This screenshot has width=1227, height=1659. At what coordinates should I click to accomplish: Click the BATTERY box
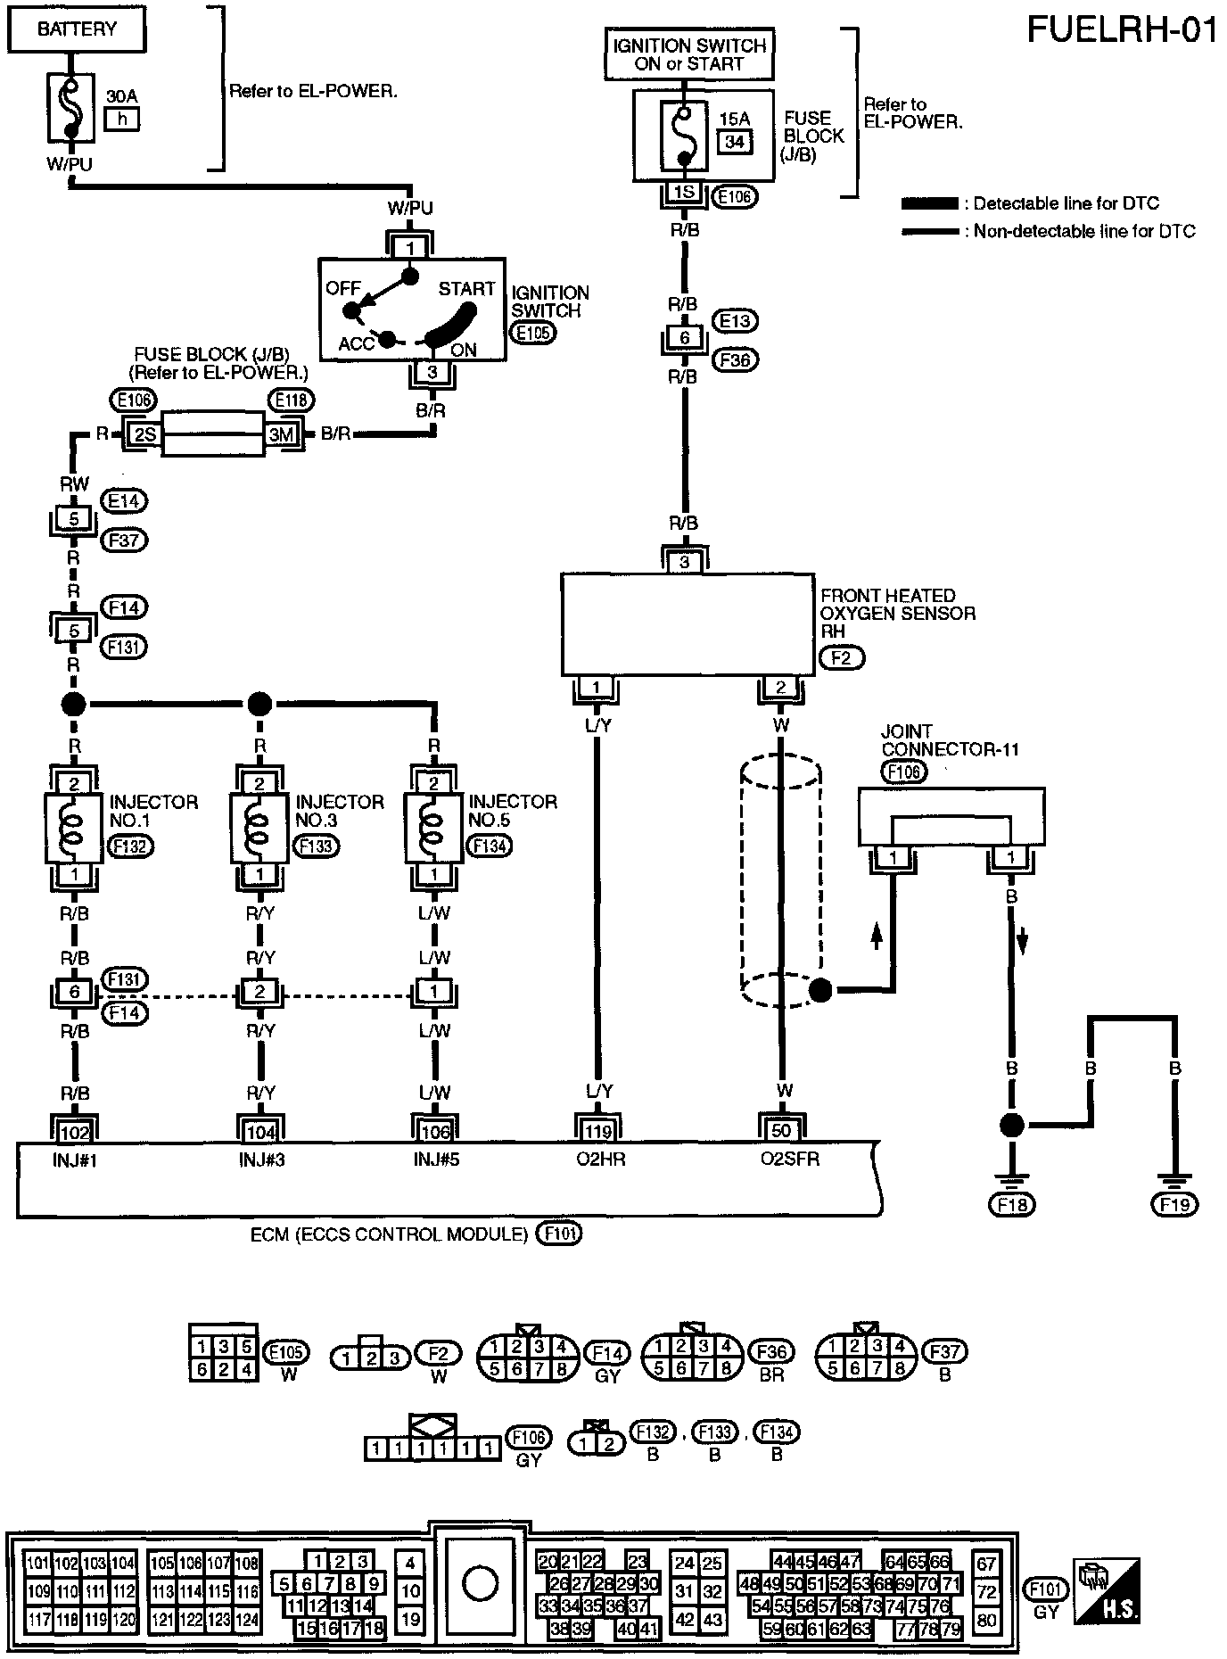(x=77, y=29)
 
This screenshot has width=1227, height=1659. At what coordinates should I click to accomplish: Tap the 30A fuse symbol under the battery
(x=73, y=107)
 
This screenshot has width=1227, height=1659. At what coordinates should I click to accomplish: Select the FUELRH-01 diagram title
(x=1122, y=29)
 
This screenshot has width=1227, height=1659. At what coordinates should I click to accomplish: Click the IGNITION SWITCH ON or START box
(x=688, y=54)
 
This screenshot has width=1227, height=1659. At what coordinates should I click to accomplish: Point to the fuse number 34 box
(x=735, y=141)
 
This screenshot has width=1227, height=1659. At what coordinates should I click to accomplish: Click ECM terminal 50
(x=781, y=1131)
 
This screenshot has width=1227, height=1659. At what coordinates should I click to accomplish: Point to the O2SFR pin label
(x=789, y=1160)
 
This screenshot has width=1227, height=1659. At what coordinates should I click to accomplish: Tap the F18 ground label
(x=1011, y=1205)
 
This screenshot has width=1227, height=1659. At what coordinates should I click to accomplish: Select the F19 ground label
(x=1175, y=1205)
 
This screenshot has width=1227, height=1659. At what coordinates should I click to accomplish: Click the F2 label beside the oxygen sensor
(x=841, y=659)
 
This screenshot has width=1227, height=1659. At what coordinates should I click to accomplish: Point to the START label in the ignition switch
(x=465, y=289)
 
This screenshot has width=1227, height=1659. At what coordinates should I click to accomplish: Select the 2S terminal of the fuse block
(x=144, y=434)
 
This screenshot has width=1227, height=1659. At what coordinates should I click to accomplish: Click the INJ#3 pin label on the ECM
(x=260, y=1160)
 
